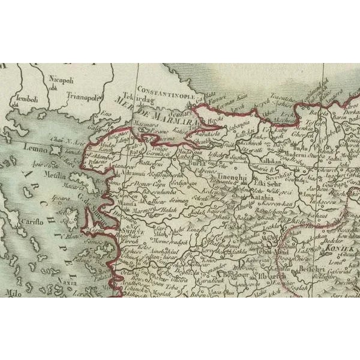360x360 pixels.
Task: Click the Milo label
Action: click(12, 292)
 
